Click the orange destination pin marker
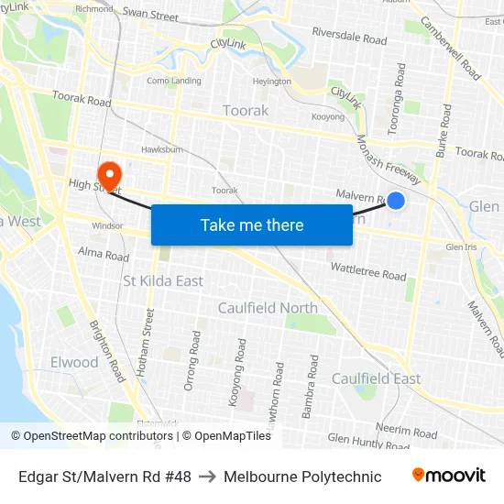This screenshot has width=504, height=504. point(109,175)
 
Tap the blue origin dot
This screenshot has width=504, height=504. point(396,200)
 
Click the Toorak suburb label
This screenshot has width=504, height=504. point(246,111)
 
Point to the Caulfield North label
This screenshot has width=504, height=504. point(268,308)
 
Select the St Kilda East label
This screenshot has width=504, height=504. point(163,280)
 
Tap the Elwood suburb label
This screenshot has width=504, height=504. point(74,362)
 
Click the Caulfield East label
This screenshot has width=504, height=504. point(376,378)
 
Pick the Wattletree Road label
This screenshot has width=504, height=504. point(367,271)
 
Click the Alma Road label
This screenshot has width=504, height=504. point(104,253)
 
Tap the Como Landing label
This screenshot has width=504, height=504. point(173,81)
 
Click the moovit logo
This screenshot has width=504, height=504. point(448,476)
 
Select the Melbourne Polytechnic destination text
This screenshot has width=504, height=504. point(302,477)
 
